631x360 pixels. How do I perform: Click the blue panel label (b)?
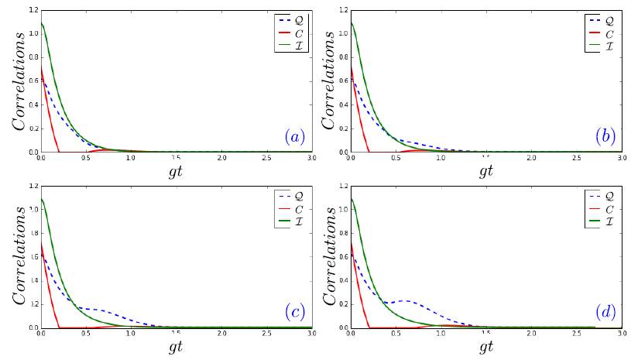click(x=605, y=137)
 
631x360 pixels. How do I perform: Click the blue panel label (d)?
click(x=605, y=312)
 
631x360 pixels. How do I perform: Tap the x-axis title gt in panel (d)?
click(x=486, y=346)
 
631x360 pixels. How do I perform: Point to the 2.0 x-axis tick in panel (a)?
click(x=221, y=158)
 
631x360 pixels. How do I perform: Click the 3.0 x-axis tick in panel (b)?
click(x=621, y=158)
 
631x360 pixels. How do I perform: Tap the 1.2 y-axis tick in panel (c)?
click(x=33, y=187)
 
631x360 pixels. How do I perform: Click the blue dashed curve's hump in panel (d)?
click(x=404, y=301)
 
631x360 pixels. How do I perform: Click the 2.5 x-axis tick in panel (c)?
click(x=266, y=333)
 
